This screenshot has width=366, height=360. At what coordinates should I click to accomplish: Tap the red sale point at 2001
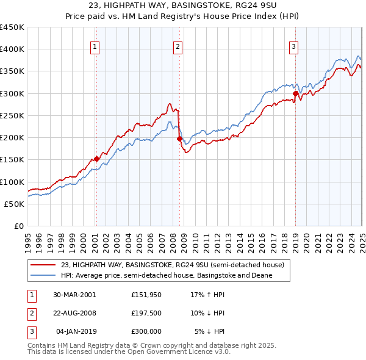96,159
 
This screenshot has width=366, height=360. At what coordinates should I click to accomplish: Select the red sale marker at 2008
180,139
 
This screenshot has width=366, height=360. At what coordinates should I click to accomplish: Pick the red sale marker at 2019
295,93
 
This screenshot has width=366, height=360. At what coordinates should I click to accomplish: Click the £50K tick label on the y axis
15,204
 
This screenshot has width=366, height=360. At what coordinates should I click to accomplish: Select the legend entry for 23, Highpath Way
172,265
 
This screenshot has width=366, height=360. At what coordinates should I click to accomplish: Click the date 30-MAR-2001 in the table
74,295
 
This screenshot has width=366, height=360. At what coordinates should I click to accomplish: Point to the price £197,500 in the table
146,313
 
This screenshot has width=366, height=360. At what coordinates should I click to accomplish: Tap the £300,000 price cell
146,331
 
